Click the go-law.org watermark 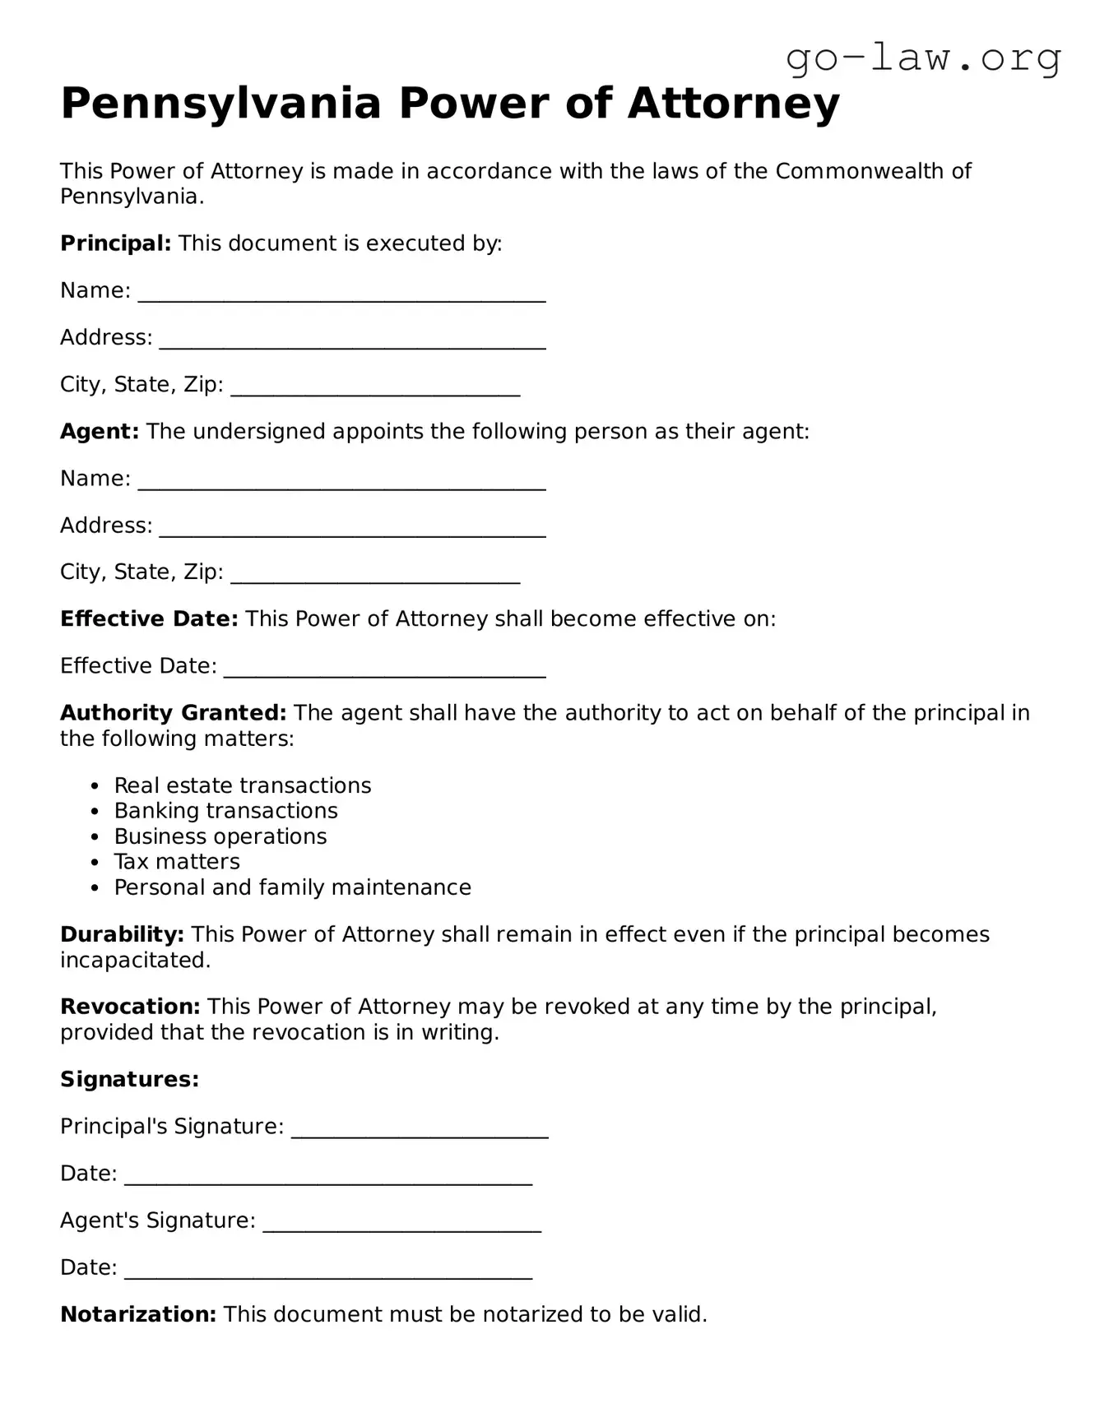[x=923, y=58]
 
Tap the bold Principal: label [x=115, y=243]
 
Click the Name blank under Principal [x=341, y=294]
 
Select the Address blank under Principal [x=352, y=340]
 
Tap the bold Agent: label [x=100, y=432]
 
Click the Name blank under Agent [x=341, y=482]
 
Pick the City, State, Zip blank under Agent [x=375, y=575]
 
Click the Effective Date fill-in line [x=384, y=669]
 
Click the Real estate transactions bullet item [x=243, y=785]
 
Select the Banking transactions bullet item [x=225, y=811]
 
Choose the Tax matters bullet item [x=177, y=862]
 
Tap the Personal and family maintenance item [x=292, y=887]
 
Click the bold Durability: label [x=122, y=934]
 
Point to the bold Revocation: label [x=130, y=1007]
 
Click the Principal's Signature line [x=420, y=1129]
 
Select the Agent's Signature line [x=401, y=1223]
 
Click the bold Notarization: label [x=138, y=1314]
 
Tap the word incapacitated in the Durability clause [x=135, y=961]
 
